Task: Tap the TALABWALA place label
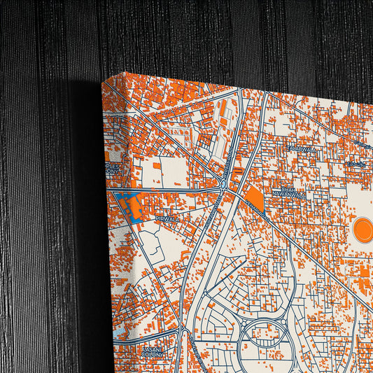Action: (305, 148)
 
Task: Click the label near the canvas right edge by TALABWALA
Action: (356, 164)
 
